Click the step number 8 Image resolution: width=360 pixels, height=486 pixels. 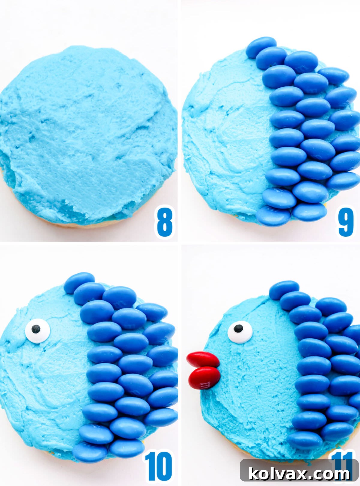pos(165,222)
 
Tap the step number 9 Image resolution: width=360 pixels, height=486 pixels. pos(346,221)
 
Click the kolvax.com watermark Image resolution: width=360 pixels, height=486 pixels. pos(299,474)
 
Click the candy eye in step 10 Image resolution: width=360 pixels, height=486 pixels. pos(37,331)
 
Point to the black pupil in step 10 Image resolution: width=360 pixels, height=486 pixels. pos(36,329)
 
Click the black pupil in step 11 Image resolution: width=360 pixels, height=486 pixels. pos(238,328)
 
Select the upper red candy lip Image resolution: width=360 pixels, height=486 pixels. pos(203,359)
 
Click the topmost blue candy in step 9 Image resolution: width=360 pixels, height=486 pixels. pos(261,47)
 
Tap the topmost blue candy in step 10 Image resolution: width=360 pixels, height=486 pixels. pos(79,282)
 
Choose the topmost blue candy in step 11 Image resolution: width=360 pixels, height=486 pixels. pos(284,290)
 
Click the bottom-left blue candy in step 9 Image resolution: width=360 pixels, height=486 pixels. pos(274,216)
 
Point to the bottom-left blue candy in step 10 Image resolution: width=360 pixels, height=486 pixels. pos(90,452)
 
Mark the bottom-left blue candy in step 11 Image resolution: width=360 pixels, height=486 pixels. pos(304,440)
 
